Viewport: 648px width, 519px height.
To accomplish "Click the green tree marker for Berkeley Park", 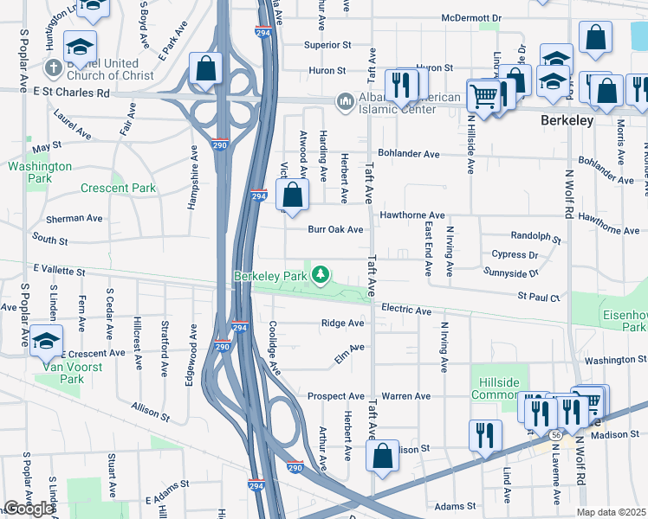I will [x=321, y=275].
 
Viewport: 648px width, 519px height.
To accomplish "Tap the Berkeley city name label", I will [x=567, y=120].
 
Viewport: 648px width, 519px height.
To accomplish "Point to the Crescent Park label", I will [x=118, y=188].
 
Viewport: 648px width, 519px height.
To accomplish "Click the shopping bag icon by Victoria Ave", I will [x=294, y=195].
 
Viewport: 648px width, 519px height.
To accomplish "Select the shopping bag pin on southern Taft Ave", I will [x=382, y=457].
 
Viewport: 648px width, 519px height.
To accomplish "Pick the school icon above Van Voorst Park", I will [x=46, y=341].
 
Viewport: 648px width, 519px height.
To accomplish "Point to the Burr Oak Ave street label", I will [x=335, y=230].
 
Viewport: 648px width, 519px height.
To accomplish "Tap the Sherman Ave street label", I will [x=58, y=220].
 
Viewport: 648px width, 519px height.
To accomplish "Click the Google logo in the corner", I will [x=29, y=509].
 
